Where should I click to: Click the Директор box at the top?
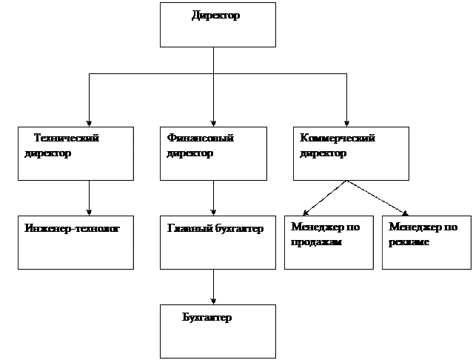click(218, 24)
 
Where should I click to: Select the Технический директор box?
click(76, 153)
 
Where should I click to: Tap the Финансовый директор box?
click(213, 153)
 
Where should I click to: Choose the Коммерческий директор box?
click(351, 153)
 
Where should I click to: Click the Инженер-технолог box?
click(76, 242)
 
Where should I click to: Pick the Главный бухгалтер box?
click(218, 242)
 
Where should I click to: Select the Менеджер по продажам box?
click(329, 242)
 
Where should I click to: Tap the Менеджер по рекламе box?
click(426, 242)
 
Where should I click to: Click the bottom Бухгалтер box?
click(218, 331)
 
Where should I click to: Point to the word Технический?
click(67, 138)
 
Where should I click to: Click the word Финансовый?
click(201, 138)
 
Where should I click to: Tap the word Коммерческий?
click(338, 138)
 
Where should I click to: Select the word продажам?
click(316, 242)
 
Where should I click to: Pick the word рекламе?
click(409, 242)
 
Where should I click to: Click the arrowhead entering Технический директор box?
click(89, 124)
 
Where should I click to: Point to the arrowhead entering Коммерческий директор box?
click(346, 124)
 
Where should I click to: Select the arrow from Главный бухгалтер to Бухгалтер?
click(214, 287)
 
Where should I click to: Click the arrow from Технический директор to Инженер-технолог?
click(89, 198)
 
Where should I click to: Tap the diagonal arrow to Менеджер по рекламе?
click(378, 198)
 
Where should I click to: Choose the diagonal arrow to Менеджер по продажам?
click(324, 198)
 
